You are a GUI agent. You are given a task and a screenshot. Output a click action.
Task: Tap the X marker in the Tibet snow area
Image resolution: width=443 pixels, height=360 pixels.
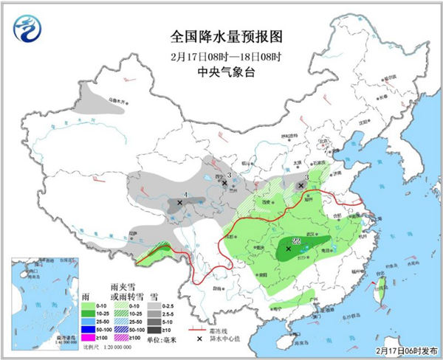tap(179, 201)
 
